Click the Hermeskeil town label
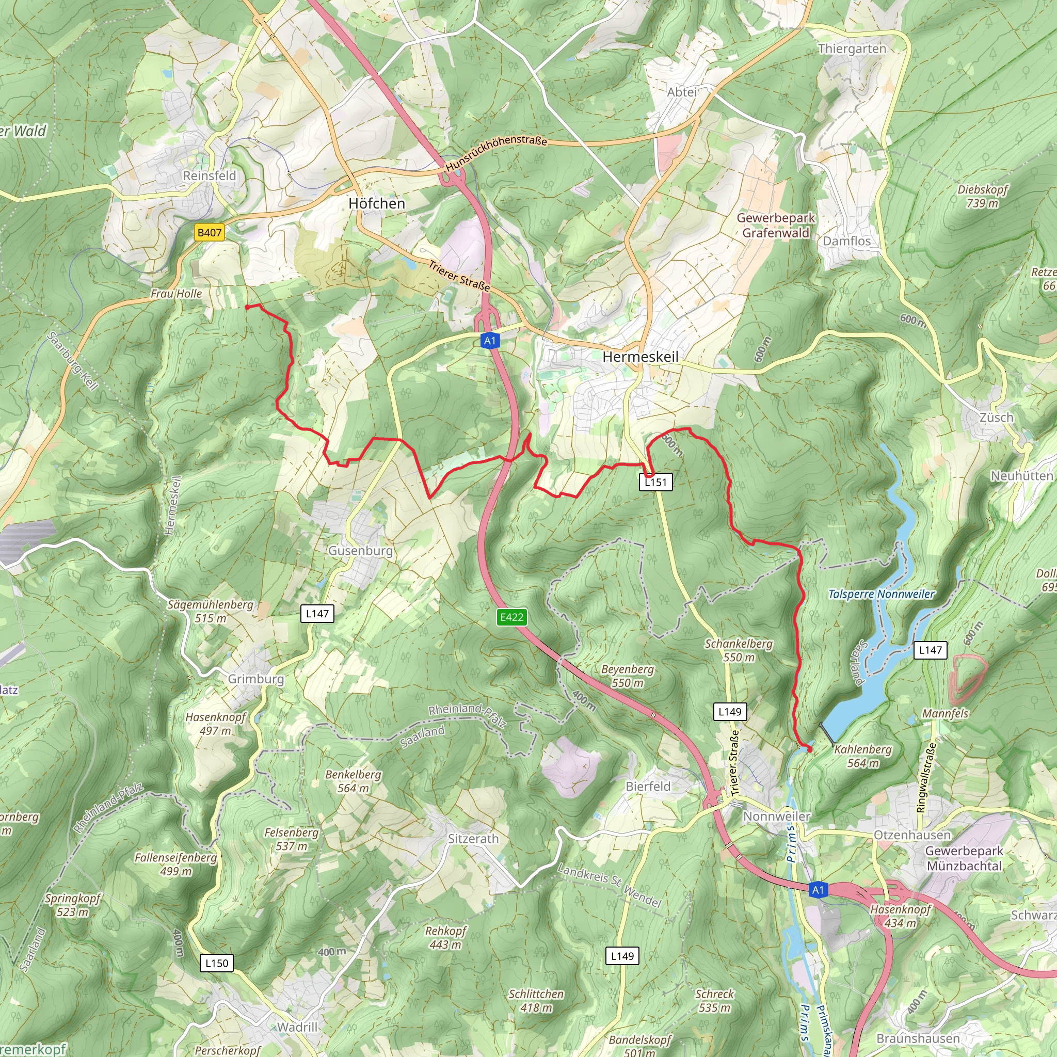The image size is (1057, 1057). tap(640, 357)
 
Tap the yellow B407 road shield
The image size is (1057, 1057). tap(209, 233)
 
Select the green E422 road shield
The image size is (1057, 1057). tap(511, 617)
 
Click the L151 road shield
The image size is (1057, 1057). tap(655, 482)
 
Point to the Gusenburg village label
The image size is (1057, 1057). tap(361, 550)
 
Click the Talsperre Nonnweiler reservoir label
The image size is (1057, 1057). tap(882, 594)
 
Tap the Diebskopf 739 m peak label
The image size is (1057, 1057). tap(982, 196)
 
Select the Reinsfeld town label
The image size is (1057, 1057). tap(210, 175)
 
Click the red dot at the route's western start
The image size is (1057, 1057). tap(247, 308)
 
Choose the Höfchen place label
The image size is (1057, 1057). tap(376, 203)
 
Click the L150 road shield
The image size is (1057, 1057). tap(217, 963)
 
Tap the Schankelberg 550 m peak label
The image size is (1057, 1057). tap(738, 650)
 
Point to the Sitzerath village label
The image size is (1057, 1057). tap(473, 839)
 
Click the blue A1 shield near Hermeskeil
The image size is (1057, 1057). tap(490, 341)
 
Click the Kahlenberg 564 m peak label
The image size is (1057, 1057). tap(863, 756)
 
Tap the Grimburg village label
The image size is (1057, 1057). tap(256, 679)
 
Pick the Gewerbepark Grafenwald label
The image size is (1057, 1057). tap(776, 225)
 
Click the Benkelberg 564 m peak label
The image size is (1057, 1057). tap(353, 781)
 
